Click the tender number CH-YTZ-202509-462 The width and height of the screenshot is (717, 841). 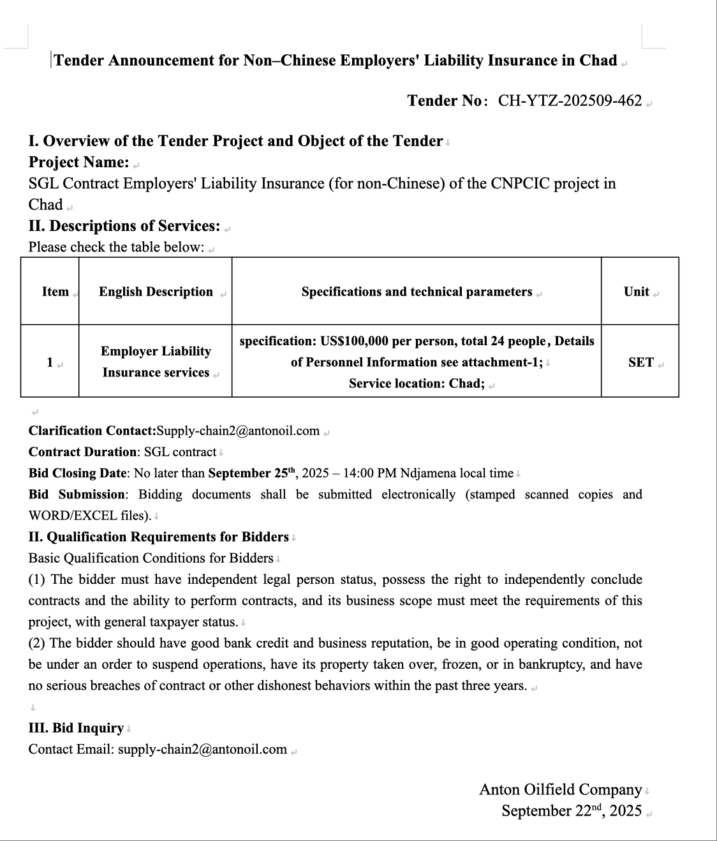point(570,101)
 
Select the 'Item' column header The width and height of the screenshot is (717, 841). point(55,292)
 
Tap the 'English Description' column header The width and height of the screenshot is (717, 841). point(156,292)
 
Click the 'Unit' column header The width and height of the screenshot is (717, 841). point(637,292)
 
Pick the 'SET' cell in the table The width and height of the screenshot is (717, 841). point(640,362)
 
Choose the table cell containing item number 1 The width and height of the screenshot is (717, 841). point(50,362)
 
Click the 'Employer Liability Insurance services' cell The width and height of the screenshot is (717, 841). point(156,362)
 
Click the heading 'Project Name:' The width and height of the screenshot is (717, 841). point(78,163)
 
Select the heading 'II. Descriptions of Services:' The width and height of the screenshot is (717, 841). point(124,226)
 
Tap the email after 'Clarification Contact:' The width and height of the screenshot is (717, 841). point(238,431)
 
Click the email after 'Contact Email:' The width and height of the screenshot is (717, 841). point(202,749)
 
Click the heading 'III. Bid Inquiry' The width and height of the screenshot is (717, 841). point(76,728)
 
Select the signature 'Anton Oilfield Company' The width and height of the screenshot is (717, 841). point(560,790)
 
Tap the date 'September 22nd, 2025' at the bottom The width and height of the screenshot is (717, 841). point(571,811)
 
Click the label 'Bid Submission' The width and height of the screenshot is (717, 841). point(77,495)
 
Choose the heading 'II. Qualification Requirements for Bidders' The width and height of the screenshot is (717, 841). point(158,537)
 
